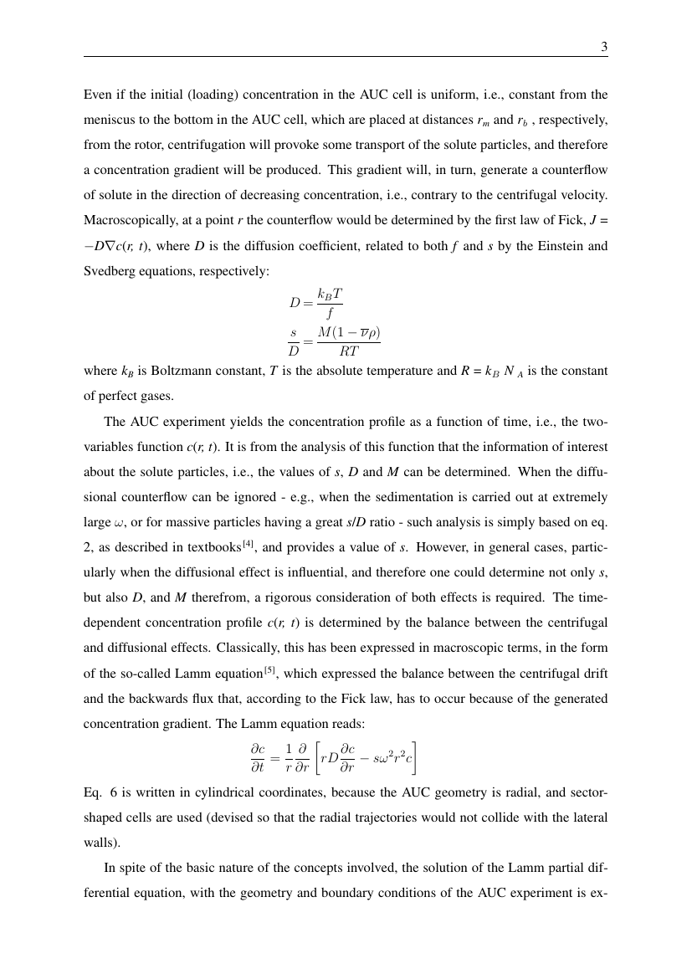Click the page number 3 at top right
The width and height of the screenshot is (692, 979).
click(604, 47)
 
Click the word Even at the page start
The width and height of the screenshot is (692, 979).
click(97, 94)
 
